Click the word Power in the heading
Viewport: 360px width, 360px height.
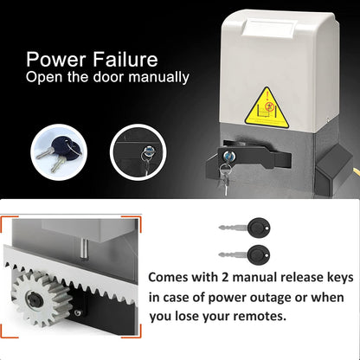[x=56, y=59]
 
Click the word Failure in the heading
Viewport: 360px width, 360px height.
[x=125, y=59]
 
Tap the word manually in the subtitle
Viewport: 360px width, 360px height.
[x=159, y=77]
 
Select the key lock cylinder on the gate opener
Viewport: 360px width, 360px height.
[x=229, y=156]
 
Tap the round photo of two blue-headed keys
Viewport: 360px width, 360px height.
[x=59, y=152]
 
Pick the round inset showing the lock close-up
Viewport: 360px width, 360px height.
[x=138, y=152]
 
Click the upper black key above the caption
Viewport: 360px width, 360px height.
[x=245, y=228]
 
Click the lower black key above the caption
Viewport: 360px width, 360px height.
[x=245, y=255]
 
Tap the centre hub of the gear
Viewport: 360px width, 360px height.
[x=35, y=300]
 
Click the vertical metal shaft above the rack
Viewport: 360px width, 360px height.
[x=84, y=248]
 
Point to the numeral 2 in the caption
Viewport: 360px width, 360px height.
[x=225, y=278]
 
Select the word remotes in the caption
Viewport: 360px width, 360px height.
[x=260, y=317]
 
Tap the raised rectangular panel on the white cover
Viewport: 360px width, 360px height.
[x=267, y=28]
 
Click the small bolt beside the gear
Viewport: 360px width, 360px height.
[x=77, y=312]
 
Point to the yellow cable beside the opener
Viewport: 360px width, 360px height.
[x=357, y=172]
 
